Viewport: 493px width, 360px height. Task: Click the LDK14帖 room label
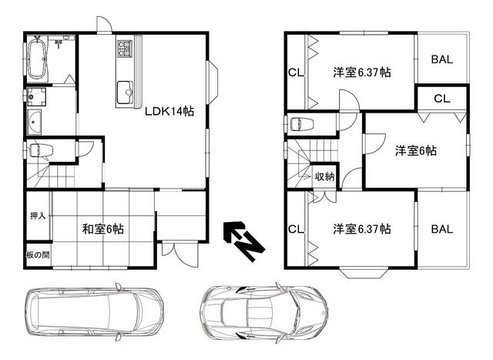pyautogui.click(x=169, y=112)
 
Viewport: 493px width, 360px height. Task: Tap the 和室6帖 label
pyautogui.click(x=103, y=229)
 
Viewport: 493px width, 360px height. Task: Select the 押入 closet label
pyautogui.click(x=37, y=216)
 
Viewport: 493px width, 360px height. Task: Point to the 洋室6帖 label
pyautogui.click(x=416, y=151)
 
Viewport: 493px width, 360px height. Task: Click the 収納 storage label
pyautogui.click(x=324, y=177)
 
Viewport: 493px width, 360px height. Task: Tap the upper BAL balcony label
pyautogui.click(x=442, y=59)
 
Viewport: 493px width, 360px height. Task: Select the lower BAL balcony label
pyautogui.click(x=442, y=229)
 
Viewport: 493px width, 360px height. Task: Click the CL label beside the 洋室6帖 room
pyautogui.click(x=441, y=98)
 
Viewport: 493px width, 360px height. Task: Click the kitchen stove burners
pyautogui.click(x=125, y=51)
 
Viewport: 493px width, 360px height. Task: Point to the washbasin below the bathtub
pyautogui.click(x=36, y=122)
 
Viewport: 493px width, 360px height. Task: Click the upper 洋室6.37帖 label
pyautogui.click(x=361, y=72)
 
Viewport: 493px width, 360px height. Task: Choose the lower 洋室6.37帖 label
pyautogui.click(x=361, y=229)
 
